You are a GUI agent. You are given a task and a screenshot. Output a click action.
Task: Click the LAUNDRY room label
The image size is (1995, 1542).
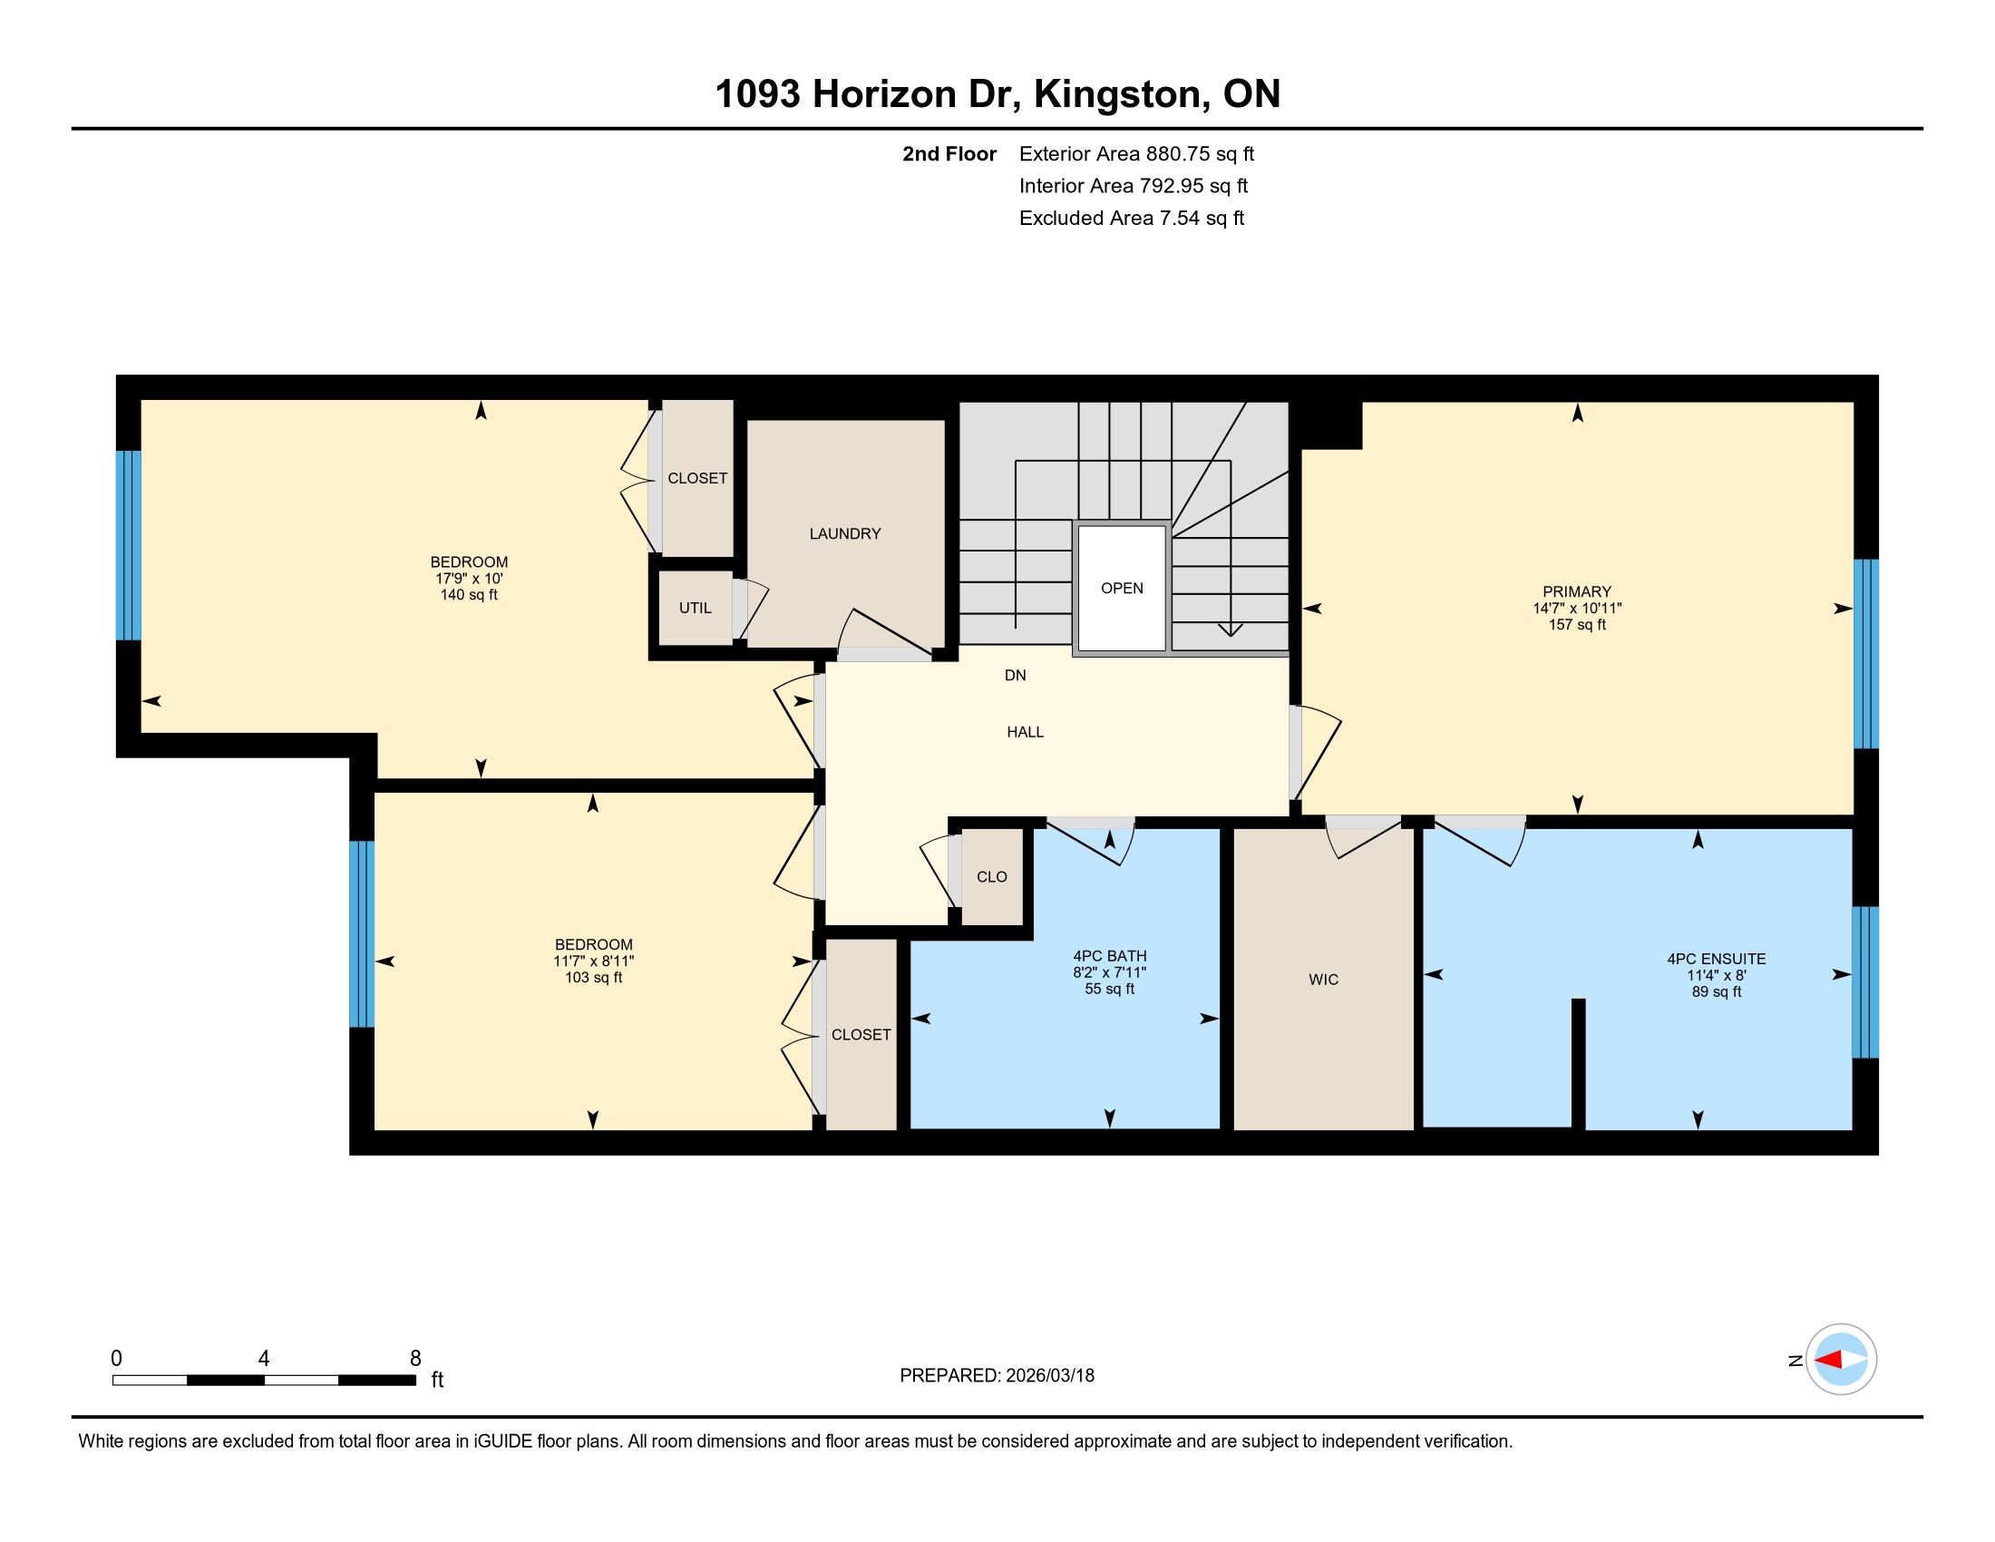click(845, 533)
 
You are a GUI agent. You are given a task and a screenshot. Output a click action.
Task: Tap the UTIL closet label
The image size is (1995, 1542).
click(696, 608)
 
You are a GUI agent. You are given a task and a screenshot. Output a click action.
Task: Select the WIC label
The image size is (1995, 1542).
click(1324, 980)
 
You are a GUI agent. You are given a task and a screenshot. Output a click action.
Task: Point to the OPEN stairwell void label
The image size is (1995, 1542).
click(1122, 589)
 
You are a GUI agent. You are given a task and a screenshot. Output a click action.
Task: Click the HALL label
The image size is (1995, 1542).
click(1025, 732)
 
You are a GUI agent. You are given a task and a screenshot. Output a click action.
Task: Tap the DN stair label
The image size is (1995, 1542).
click(1015, 675)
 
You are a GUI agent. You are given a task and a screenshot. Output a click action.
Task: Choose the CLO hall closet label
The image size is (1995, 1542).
click(992, 877)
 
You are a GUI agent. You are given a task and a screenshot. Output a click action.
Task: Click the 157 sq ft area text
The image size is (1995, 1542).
click(1577, 625)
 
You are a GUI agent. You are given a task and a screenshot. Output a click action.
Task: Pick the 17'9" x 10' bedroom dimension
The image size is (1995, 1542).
click(469, 579)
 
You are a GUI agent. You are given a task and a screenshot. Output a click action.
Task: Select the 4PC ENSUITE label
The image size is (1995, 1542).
click(1717, 959)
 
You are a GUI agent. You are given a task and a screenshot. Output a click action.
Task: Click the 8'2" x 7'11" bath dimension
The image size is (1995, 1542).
click(1109, 973)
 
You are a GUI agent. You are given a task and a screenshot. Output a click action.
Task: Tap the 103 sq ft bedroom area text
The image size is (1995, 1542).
click(594, 978)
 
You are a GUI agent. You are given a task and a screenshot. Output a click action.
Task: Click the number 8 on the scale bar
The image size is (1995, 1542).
click(415, 1359)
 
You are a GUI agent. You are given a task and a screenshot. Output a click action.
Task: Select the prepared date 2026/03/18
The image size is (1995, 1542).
click(1048, 1376)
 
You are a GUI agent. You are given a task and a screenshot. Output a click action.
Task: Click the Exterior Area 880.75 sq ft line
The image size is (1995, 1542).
click(1136, 154)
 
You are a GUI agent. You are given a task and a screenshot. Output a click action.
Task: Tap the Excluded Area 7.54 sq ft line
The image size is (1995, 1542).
click(1132, 219)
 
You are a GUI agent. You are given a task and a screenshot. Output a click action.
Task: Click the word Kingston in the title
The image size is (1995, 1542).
click(1116, 95)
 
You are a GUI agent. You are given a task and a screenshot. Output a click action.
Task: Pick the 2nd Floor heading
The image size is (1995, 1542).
click(949, 154)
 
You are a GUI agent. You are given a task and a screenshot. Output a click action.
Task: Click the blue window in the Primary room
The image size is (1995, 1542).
click(1865, 654)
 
